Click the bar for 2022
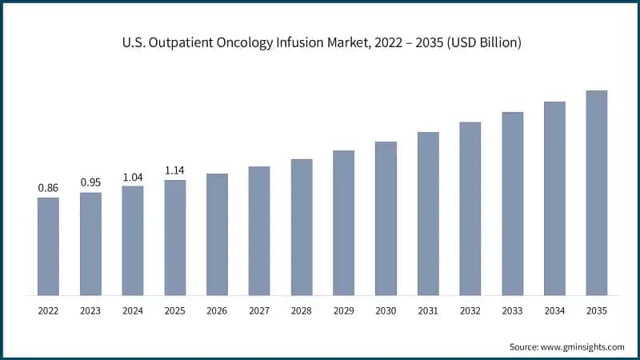pyautogui.click(x=48, y=246)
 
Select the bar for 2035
pyautogui.click(x=597, y=193)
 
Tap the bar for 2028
pyautogui.click(x=302, y=227)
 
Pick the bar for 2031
pyautogui.click(x=428, y=214)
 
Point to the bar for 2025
pyautogui.click(x=175, y=238)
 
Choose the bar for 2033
pyautogui.click(x=512, y=203)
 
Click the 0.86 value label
pyautogui.click(x=48, y=188)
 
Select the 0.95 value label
pyautogui.click(x=90, y=182)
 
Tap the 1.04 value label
pyautogui.click(x=133, y=177)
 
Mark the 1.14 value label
pyautogui.click(x=175, y=170)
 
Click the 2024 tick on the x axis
pyautogui.click(x=133, y=310)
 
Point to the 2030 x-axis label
pyautogui.click(x=386, y=310)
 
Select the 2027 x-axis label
pyautogui.click(x=259, y=310)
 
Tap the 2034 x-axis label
pyautogui.click(x=554, y=310)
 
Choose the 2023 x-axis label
pyautogui.click(x=90, y=310)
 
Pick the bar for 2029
pyautogui.click(x=343, y=222)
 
